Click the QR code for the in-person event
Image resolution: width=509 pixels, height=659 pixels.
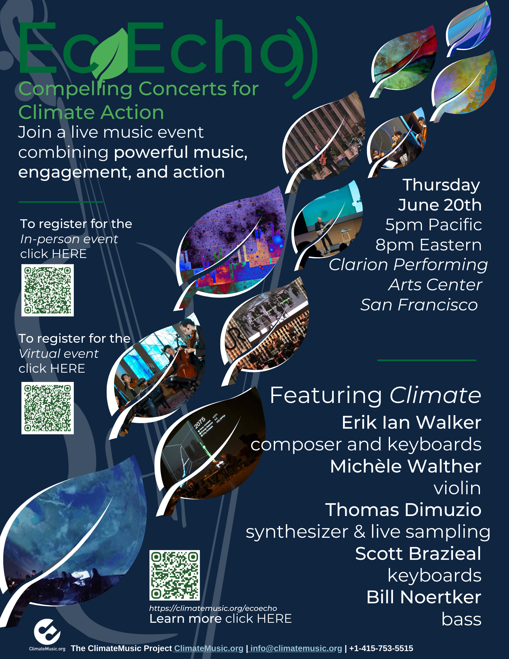tap(47, 290)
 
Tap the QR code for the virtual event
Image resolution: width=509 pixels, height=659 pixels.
tap(47, 408)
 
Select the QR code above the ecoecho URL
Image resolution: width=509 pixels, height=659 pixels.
tap(175, 575)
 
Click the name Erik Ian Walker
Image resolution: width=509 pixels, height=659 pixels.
tap(411, 422)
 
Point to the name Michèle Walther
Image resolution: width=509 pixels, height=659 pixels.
tap(406, 466)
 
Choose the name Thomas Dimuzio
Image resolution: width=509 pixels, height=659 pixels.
tap(403, 510)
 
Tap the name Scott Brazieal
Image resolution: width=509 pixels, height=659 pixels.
tap(418, 554)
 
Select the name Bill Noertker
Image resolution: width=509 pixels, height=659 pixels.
tap(424, 597)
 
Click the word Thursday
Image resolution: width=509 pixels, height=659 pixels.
tap(441, 185)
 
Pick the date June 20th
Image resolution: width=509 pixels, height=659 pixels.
tap(440, 205)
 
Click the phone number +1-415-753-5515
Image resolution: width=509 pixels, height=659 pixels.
tap(381, 648)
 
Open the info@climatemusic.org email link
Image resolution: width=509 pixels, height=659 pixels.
tap(296, 648)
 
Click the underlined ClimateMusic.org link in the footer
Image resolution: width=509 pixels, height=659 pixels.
tap(209, 648)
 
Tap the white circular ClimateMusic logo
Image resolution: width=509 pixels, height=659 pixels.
tap(47, 632)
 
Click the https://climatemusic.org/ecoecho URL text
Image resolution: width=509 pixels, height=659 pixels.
tap(213, 608)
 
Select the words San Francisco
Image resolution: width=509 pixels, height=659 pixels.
tap(419, 305)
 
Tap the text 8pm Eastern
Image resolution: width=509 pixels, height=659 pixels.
tap(428, 245)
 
